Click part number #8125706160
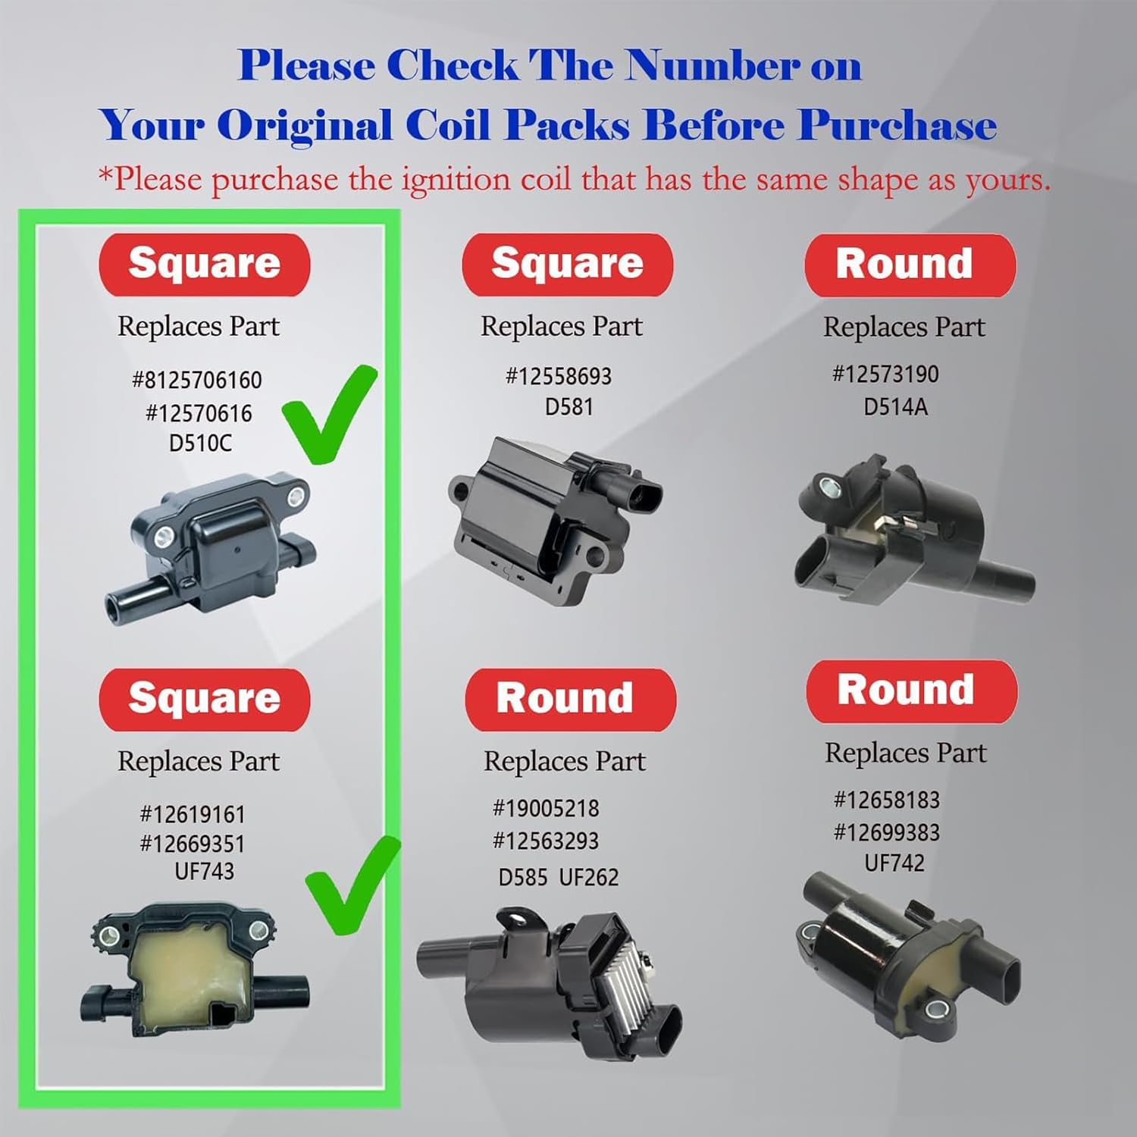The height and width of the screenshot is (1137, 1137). (x=197, y=380)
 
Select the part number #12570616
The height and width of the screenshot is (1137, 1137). (x=199, y=413)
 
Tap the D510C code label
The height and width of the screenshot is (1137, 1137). (x=200, y=443)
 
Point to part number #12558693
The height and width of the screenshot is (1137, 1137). (x=559, y=376)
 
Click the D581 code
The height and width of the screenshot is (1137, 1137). (x=568, y=407)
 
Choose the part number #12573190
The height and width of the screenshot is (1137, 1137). (x=885, y=374)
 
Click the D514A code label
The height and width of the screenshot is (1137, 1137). (x=895, y=407)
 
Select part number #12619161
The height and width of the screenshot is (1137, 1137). (x=193, y=815)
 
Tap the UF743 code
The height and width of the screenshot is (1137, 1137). (x=204, y=872)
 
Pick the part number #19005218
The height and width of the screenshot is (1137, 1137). (x=546, y=809)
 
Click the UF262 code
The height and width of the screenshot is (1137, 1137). (x=589, y=878)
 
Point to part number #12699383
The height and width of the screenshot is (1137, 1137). (x=887, y=833)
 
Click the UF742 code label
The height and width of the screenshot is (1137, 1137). (x=894, y=863)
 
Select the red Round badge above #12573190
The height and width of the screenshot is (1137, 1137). (x=910, y=265)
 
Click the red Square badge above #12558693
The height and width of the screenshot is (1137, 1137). (x=567, y=265)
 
